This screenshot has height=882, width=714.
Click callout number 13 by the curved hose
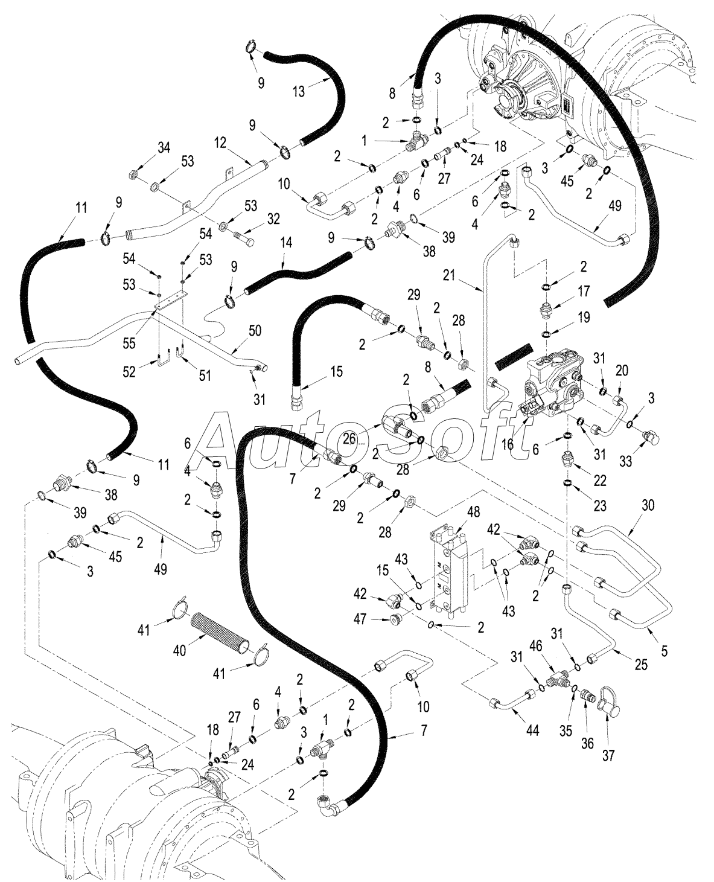pyautogui.click(x=298, y=91)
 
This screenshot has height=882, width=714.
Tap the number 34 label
pyautogui.click(x=164, y=147)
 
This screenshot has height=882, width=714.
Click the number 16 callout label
pyautogui.click(x=508, y=444)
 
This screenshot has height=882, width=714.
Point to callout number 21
pyautogui.click(x=450, y=275)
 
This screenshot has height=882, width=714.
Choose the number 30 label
pyautogui.click(x=648, y=505)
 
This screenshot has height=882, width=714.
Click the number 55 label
pyautogui.click(x=129, y=344)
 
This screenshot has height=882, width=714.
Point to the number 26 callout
pyautogui.click(x=350, y=438)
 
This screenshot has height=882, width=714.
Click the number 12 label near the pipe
pyautogui.click(x=220, y=143)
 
